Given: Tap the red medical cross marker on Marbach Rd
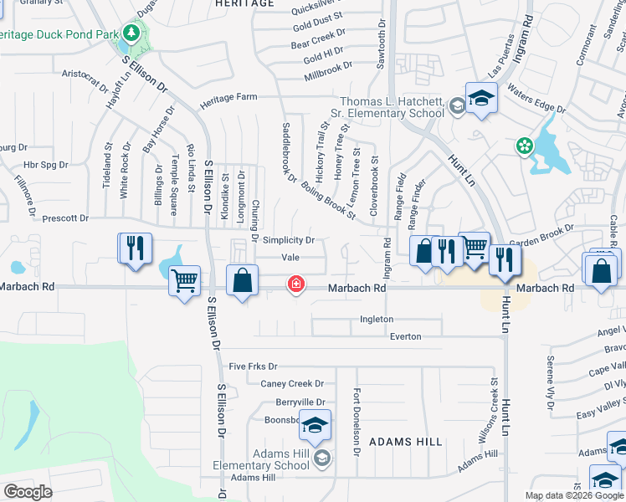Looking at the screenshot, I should (295, 284).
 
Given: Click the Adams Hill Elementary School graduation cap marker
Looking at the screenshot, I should (315, 428).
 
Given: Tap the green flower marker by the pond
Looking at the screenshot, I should (525, 146).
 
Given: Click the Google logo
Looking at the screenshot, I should (28, 492).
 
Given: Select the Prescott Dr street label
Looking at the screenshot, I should (65, 218).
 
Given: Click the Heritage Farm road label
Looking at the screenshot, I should (228, 97).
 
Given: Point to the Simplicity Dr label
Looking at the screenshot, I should (288, 240).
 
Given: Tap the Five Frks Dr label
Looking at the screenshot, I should (253, 366).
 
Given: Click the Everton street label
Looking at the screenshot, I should (406, 336).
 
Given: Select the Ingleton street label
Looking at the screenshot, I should (377, 319).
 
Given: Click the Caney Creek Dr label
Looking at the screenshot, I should (292, 384).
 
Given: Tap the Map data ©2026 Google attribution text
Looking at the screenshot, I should (574, 495).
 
